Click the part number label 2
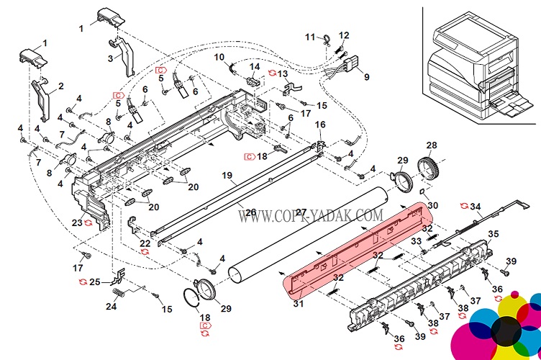(61, 86)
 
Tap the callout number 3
(111, 58)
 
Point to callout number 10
(219, 57)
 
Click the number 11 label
(310, 37)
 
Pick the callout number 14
(253, 67)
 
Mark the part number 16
(320, 125)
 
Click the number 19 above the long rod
(227, 176)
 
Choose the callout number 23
(76, 222)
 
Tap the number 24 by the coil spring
(110, 306)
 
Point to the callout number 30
(432, 205)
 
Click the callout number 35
(493, 234)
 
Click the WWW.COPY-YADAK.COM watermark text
(310, 215)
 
